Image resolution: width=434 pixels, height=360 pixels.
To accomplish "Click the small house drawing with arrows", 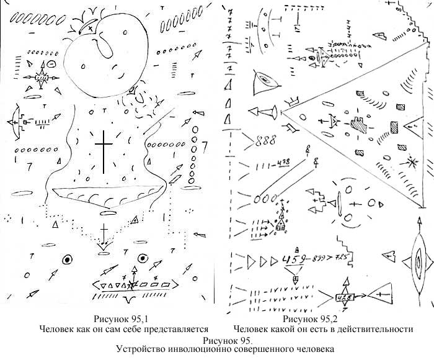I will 281,222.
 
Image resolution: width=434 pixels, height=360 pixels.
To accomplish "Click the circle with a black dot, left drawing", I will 66,258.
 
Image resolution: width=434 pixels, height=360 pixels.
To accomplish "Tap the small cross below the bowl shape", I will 104,232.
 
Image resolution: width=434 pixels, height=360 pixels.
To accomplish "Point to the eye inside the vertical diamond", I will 417,263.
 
